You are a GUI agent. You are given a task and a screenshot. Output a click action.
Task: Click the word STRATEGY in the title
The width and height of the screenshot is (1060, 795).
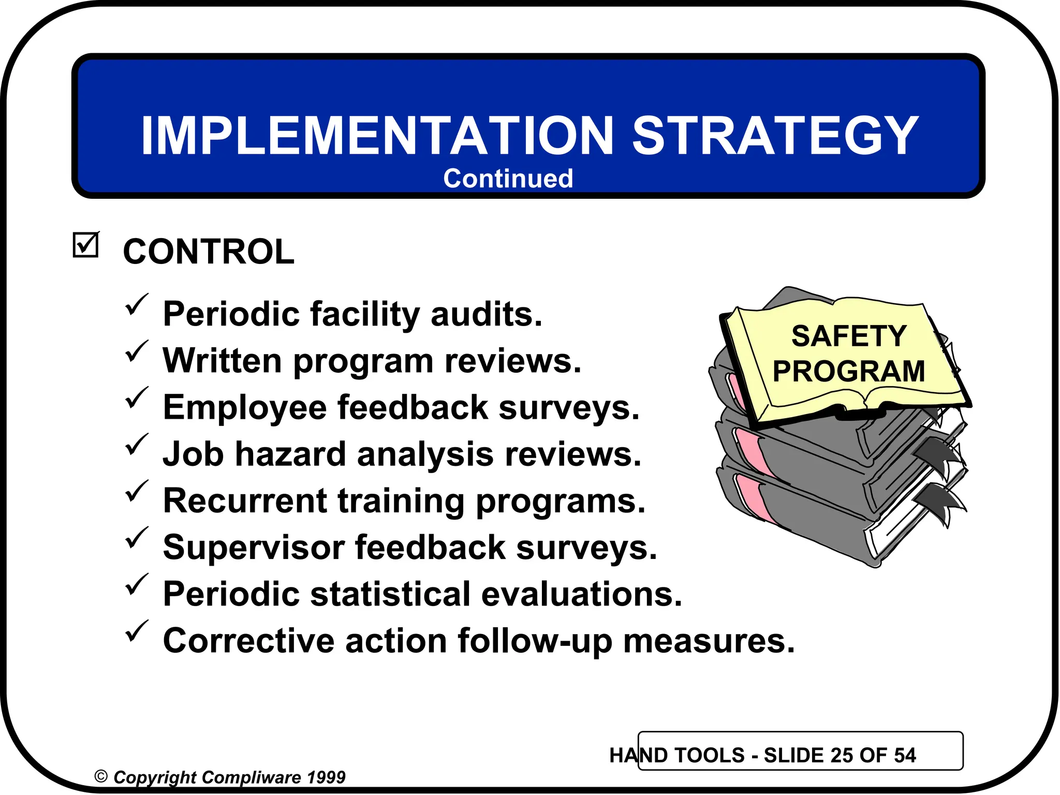[775, 136]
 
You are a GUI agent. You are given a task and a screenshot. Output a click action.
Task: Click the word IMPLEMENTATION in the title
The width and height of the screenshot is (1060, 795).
[377, 136]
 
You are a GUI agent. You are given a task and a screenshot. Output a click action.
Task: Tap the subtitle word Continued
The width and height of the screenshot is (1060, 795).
[508, 179]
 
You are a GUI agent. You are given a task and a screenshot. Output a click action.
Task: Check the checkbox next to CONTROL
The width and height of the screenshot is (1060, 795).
[85, 245]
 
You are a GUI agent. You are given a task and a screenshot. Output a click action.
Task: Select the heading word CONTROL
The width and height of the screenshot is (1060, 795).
[209, 252]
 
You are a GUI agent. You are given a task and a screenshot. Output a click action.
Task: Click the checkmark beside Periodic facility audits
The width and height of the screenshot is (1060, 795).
[136, 305]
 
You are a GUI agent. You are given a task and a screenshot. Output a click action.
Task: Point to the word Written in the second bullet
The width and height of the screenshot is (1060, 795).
[223, 360]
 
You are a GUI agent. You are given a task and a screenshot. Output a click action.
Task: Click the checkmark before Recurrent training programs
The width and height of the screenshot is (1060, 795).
[136, 491]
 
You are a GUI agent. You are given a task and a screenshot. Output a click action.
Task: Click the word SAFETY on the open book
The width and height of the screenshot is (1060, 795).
[849, 336]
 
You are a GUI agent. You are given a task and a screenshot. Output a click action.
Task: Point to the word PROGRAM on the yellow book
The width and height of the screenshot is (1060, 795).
[849, 372]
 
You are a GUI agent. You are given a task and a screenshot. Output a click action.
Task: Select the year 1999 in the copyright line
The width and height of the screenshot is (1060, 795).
[326, 777]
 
